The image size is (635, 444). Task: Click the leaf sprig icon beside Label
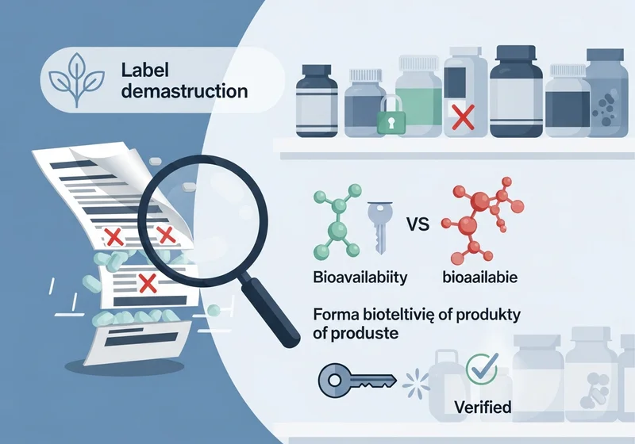(x=76, y=79)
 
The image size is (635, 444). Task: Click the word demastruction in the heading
(x=184, y=90)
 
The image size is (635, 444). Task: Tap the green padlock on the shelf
(x=391, y=114)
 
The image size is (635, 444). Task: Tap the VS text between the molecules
(x=418, y=224)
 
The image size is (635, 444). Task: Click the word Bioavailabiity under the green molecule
(x=360, y=277)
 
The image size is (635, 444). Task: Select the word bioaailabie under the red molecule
(x=480, y=277)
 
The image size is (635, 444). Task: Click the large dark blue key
(x=356, y=380)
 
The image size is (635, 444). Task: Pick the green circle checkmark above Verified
(x=483, y=369)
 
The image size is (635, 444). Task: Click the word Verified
(x=483, y=407)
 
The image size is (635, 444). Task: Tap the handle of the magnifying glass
(x=270, y=309)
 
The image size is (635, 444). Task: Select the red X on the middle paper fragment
(x=148, y=283)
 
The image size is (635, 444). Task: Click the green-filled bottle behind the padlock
(x=419, y=96)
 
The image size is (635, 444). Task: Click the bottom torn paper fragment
(x=137, y=341)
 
